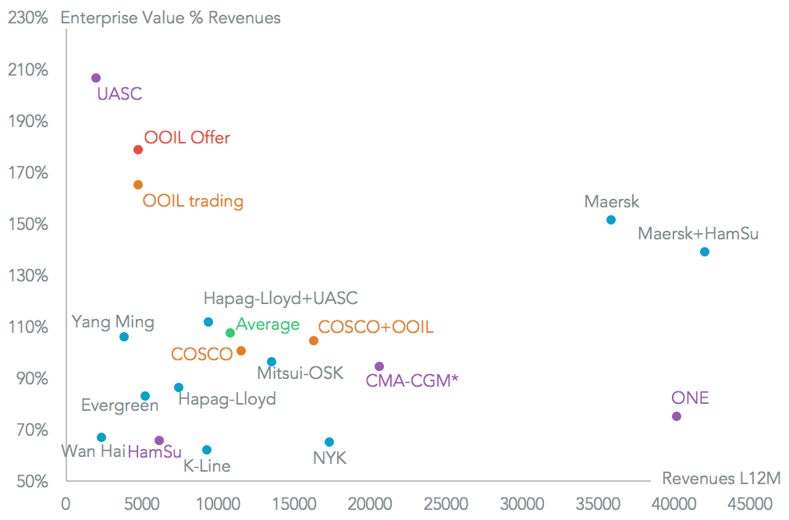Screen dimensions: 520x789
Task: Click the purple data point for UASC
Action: (96, 78)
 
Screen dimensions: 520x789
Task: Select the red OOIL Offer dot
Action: (138, 150)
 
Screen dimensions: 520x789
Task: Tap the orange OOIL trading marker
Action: (138, 185)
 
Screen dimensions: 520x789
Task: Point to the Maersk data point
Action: (611, 220)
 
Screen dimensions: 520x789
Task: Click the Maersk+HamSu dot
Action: (705, 252)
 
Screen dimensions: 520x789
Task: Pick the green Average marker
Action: (230, 333)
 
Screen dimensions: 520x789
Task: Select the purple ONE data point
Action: (677, 416)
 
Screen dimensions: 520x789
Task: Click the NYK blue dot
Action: (329, 442)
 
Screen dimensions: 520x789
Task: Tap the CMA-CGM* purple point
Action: (379, 366)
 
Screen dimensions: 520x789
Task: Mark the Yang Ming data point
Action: (124, 337)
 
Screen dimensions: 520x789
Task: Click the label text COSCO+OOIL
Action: (375, 327)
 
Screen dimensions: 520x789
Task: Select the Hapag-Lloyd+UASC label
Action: (280, 299)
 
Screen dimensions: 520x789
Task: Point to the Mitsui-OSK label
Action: (300, 373)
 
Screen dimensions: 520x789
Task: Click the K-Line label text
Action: (207, 466)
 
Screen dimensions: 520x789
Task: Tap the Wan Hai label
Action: (93, 451)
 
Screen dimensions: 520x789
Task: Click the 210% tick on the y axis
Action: (29, 70)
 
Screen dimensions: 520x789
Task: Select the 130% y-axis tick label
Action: (29, 276)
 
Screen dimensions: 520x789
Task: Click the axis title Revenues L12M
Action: (721, 478)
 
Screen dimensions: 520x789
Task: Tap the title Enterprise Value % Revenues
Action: (170, 17)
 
